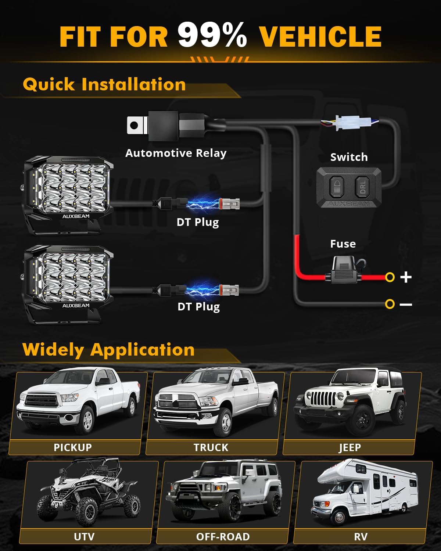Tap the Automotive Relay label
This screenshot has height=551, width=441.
176,153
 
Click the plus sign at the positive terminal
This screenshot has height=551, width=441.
406,277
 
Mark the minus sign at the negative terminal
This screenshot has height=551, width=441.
406,305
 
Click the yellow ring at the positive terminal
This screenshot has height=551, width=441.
390,277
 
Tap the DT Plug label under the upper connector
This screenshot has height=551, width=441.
198,222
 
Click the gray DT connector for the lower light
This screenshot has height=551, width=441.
229,290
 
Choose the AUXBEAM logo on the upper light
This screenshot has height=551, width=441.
76,216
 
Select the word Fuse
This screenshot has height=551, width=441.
343,244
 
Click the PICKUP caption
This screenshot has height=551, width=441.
73,447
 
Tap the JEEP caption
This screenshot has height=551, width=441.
350,447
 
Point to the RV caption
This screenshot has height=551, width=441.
361,537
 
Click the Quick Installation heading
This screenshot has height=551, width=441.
104,84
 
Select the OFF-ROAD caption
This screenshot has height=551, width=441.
223,537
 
